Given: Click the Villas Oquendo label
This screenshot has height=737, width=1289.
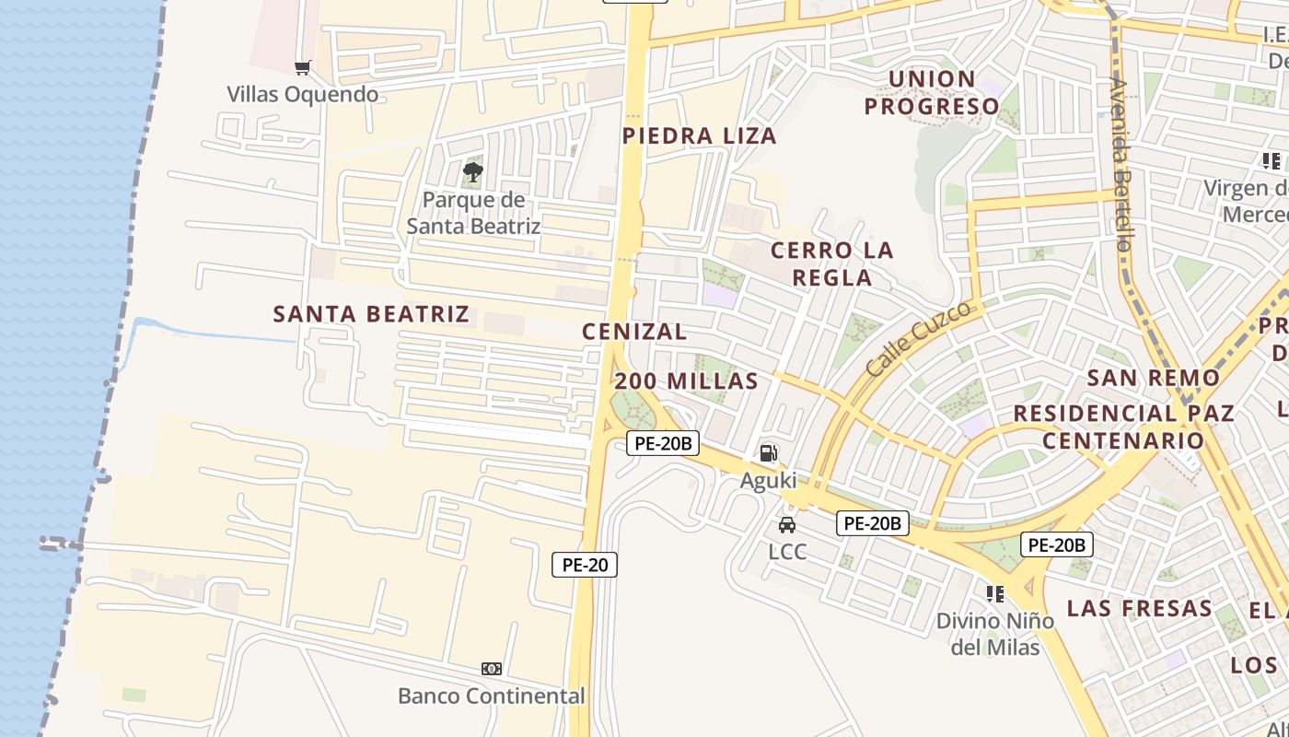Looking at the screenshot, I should [303, 94].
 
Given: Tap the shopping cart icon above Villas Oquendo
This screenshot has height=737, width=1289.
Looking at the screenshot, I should [302, 67].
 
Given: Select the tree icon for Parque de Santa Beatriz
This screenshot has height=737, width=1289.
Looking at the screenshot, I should [473, 171].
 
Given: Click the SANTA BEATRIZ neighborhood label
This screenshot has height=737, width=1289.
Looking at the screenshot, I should [371, 314].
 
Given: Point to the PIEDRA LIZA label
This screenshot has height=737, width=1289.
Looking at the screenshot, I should [700, 136].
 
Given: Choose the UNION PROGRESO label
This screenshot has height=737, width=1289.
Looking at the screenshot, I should [932, 92].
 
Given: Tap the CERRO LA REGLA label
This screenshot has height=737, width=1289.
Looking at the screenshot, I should [832, 263].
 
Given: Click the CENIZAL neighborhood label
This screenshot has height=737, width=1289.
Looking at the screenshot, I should [634, 332].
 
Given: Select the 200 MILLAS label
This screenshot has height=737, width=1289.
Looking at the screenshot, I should [687, 381].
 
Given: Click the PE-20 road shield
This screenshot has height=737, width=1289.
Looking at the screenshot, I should [585, 565].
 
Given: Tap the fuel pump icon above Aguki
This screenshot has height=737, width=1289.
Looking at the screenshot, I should [769, 452].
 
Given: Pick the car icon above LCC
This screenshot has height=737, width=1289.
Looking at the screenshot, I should [787, 525].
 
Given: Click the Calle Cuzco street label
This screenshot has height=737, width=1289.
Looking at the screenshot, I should [919, 338].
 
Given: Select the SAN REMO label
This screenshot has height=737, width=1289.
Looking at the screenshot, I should [1153, 378].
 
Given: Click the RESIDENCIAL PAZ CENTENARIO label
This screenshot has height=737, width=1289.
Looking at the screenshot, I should [1123, 427].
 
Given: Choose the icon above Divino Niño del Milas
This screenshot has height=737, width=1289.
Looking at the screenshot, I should [994, 593].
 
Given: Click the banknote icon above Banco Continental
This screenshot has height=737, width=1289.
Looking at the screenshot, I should [492, 669].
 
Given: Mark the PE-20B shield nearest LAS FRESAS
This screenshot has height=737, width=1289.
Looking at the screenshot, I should [1057, 544].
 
